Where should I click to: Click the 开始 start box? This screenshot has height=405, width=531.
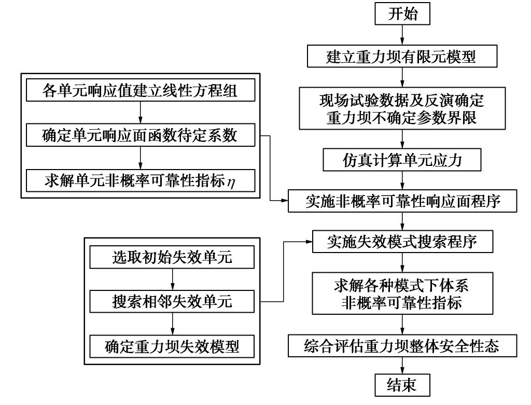pos(402,14)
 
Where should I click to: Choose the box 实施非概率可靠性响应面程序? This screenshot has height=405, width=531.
pos(402,201)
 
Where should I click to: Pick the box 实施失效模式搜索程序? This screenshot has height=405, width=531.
pos(402,242)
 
